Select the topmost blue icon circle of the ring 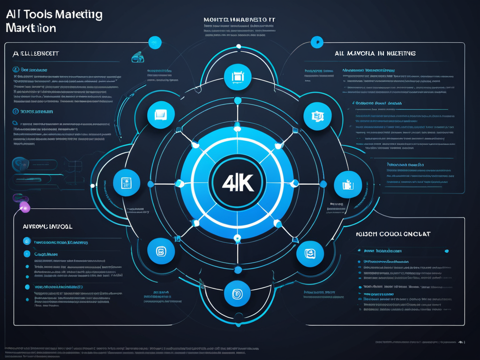238,77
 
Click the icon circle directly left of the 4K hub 127,183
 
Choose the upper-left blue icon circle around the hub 161,114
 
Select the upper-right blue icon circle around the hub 317,116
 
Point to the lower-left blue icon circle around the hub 161,251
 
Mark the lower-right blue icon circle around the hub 310,254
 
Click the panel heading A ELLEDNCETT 36,54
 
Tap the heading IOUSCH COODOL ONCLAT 394,233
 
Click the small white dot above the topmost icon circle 238,46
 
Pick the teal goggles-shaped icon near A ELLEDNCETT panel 138,58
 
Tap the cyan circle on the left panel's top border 155,42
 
